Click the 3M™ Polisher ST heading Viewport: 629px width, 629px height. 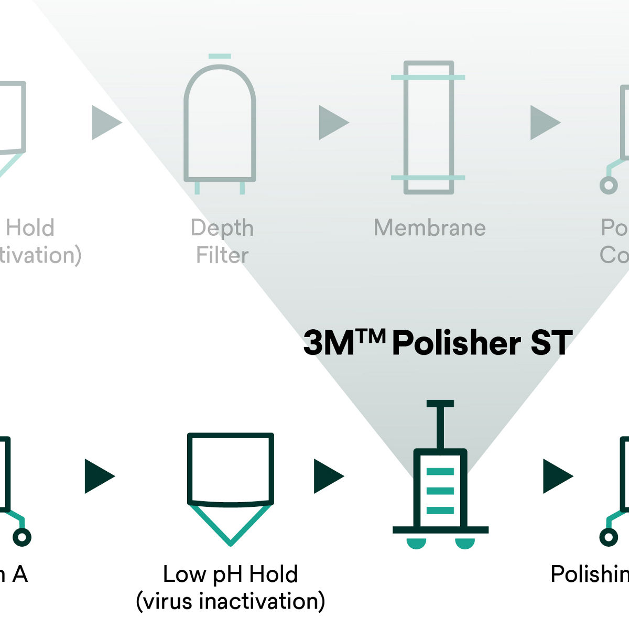pos(438,343)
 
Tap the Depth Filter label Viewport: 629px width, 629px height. pos(222,242)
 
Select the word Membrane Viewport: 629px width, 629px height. pos(429,228)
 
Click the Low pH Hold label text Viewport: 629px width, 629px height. pos(230,574)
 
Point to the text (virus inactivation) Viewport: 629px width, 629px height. pos(230,601)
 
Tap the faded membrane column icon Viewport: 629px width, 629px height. pos(428,127)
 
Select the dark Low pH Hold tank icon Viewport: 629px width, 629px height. pos(231,469)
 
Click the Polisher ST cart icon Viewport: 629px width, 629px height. pos(440,487)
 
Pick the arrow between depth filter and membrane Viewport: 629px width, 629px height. pos(332,123)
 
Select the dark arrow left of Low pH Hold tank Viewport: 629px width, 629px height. pos(98,476)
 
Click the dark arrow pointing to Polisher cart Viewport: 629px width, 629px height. pos(327,476)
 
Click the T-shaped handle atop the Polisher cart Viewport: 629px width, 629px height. pos(440,404)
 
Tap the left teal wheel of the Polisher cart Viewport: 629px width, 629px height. pos(417,544)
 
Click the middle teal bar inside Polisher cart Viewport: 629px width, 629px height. pos(440,491)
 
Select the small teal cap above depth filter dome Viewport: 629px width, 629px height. pos(219,56)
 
